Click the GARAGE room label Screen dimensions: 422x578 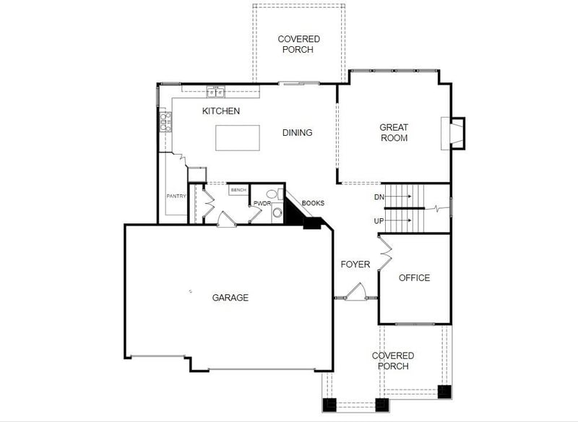pos(230,298)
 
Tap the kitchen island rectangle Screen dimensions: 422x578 pos(238,138)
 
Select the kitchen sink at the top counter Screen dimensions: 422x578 pos(215,92)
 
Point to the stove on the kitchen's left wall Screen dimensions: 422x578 pos(165,121)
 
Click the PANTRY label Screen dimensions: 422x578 pos(176,196)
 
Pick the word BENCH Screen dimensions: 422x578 pos(238,190)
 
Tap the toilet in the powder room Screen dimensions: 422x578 pos(272,194)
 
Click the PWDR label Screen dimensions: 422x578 pos(261,204)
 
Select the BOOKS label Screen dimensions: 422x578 pos(313,204)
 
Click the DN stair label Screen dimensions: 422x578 pos(379,197)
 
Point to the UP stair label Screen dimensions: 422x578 pos(379,220)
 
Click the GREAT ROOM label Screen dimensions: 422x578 pos(394,132)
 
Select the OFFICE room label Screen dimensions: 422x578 pos(414,277)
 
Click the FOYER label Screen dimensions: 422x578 pos(355,264)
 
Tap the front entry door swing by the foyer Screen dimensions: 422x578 pos(355,291)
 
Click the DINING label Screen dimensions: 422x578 pos(297,132)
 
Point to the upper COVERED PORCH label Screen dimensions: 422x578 pos(298,44)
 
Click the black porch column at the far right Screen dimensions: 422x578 pos(444,392)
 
